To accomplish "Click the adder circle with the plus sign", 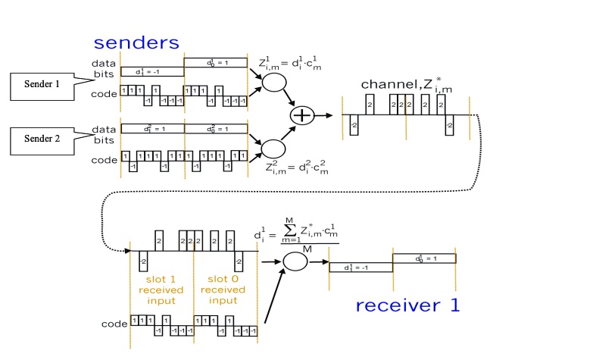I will [x=301, y=114].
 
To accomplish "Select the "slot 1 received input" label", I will [x=161, y=289].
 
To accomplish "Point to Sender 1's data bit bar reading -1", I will [x=152, y=71].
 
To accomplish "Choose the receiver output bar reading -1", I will [x=360, y=267].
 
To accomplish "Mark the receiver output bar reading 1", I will [x=424, y=258].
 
